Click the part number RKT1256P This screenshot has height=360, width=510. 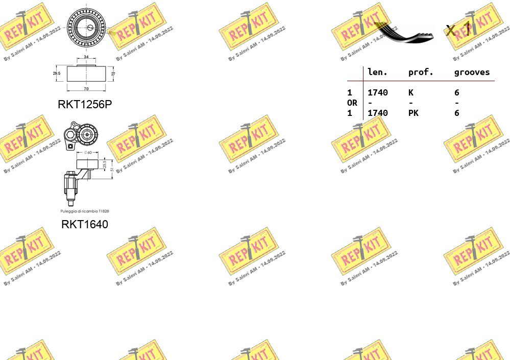pyautogui.click(x=85, y=104)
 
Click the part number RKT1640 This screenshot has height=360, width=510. pyautogui.click(x=85, y=224)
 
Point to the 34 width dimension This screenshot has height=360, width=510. pyautogui.click(x=86, y=57)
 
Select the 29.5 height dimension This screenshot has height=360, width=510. pyautogui.click(x=56, y=74)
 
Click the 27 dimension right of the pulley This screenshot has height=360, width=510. pyautogui.click(x=113, y=74)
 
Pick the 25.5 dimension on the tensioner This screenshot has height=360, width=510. pyautogui.click(x=105, y=164)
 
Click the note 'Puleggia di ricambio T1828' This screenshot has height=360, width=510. pyautogui.click(x=85, y=211)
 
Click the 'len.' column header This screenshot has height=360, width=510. pyautogui.click(x=377, y=73)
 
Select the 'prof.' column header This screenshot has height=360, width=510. pyautogui.click(x=421, y=73)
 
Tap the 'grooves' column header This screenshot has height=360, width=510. pyautogui.click(x=472, y=73)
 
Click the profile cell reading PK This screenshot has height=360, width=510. pyautogui.click(x=413, y=113)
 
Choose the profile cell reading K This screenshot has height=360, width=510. pyautogui.click(x=410, y=92)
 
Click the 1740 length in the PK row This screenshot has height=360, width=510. pyautogui.click(x=377, y=113)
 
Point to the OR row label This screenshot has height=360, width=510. pyautogui.click(x=352, y=103)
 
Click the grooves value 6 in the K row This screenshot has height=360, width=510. pyautogui.click(x=456, y=92)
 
